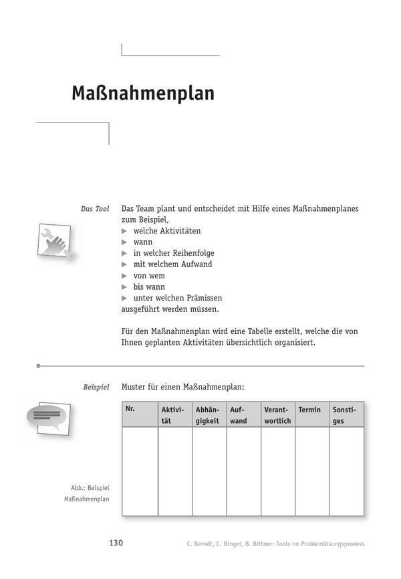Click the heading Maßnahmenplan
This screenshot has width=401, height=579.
point(142,93)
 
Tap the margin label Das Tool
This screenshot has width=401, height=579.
point(95,209)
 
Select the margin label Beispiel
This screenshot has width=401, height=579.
point(96,388)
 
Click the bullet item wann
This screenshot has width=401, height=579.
point(142,242)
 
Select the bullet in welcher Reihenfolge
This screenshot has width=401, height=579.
point(173,254)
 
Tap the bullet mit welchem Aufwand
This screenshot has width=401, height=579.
point(172,264)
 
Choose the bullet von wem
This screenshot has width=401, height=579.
point(148,276)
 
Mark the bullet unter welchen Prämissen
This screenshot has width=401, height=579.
point(177,298)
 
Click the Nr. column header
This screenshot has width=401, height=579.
point(130,409)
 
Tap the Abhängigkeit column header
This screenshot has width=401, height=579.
point(208,415)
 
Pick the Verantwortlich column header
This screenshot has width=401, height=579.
point(277,415)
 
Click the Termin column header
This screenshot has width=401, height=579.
point(309,410)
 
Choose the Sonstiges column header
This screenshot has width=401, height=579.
point(344,415)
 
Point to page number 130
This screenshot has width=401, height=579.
point(116,543)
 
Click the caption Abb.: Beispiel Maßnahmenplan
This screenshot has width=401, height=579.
point(87,493)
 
